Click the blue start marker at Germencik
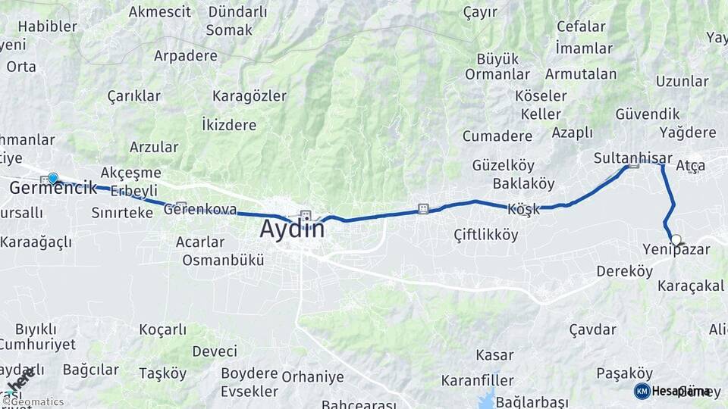(x=52, y=178)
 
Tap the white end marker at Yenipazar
(x=675, y=239)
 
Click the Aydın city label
(x=292, y=228)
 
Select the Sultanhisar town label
(x=632, y=158)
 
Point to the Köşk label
(x=523, y=209)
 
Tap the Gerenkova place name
(x=200, y=210)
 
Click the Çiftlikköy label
(x=486, y=235)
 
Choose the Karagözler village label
(x=249, y=96)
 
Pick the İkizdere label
(x=228, y=123)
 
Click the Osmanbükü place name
(x=223, y=260)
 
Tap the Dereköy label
(x=624, y=270)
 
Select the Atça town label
(x=690, y=165)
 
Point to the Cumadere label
(x=497, y=136)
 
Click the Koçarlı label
(x=162, y=329)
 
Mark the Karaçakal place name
(x=690, y=286)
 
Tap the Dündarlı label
(x=237, y=12)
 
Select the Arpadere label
(x=185, y=55)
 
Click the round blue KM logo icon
(x=642, y=391)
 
